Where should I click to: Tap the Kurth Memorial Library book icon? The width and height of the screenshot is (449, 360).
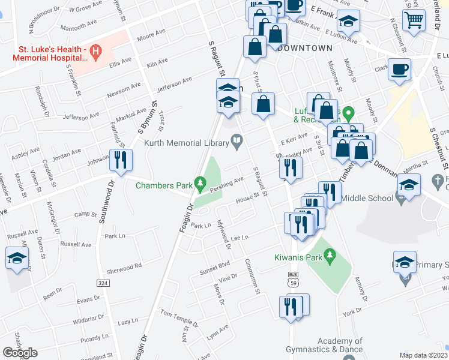(x=238, y=143)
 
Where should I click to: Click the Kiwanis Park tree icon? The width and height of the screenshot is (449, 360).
(x=329, y=257)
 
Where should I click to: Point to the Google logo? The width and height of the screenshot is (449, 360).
(x=20, y=353)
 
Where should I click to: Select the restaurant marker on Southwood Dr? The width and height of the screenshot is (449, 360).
(x=119, y=160)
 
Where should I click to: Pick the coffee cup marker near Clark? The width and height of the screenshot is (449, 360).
(x=399, y=70)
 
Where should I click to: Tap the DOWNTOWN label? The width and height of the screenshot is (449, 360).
(x=306, y=47)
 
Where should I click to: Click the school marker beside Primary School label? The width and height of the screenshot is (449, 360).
(x=405, y=263)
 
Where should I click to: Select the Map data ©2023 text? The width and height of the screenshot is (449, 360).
(x=423, y=355)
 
